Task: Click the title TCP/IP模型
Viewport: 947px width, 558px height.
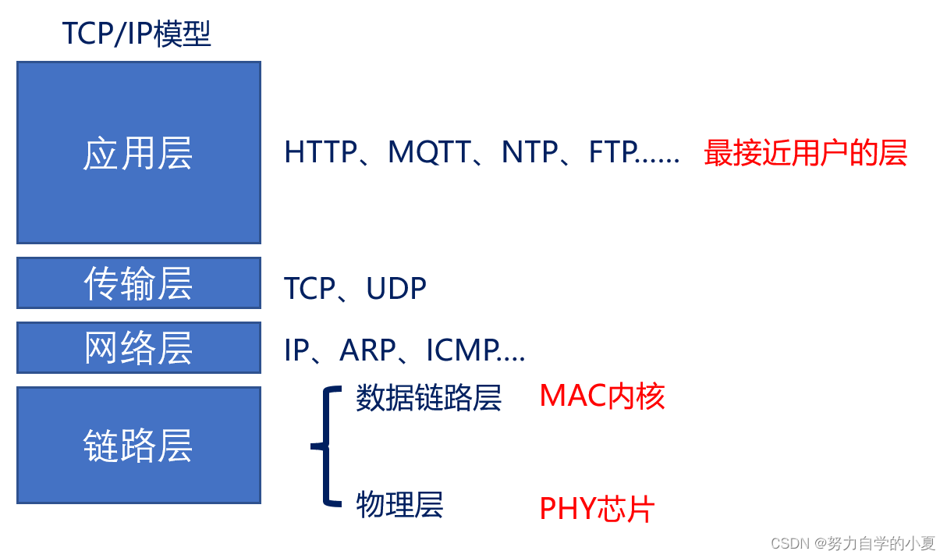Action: (137, 34)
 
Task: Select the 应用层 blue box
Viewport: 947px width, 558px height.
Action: (138, 153)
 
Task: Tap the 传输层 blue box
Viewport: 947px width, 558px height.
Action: (138, 283)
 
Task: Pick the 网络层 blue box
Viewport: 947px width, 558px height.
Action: (138, 348)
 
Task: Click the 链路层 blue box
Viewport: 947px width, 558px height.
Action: (138, 446)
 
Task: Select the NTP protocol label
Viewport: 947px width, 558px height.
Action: (530, 152)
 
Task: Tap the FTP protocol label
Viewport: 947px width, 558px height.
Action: (612, 152)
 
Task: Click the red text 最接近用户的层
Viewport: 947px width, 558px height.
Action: (805, 153)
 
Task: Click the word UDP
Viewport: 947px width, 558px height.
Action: (396, 289)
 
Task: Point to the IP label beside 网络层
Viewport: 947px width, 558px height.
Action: (296, 351)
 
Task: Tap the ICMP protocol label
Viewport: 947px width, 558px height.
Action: (463, 351)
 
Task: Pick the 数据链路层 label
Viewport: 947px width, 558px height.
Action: (428, 398)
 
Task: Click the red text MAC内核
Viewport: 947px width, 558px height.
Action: (601, 396)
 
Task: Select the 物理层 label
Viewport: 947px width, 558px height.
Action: (399, 505)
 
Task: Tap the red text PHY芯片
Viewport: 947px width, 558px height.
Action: (597, 510)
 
